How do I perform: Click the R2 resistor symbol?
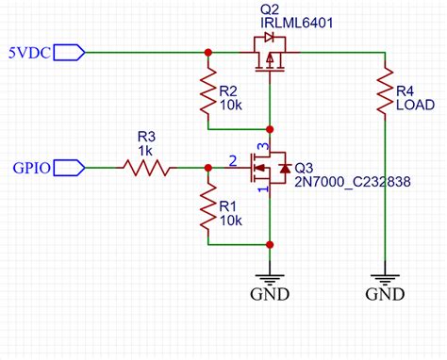pos(207,94)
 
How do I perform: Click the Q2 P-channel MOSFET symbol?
pos(271,54)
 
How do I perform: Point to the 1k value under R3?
pos(145,151)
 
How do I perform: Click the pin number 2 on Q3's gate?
pos(233,160)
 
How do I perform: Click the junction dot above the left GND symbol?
pos(271,244)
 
